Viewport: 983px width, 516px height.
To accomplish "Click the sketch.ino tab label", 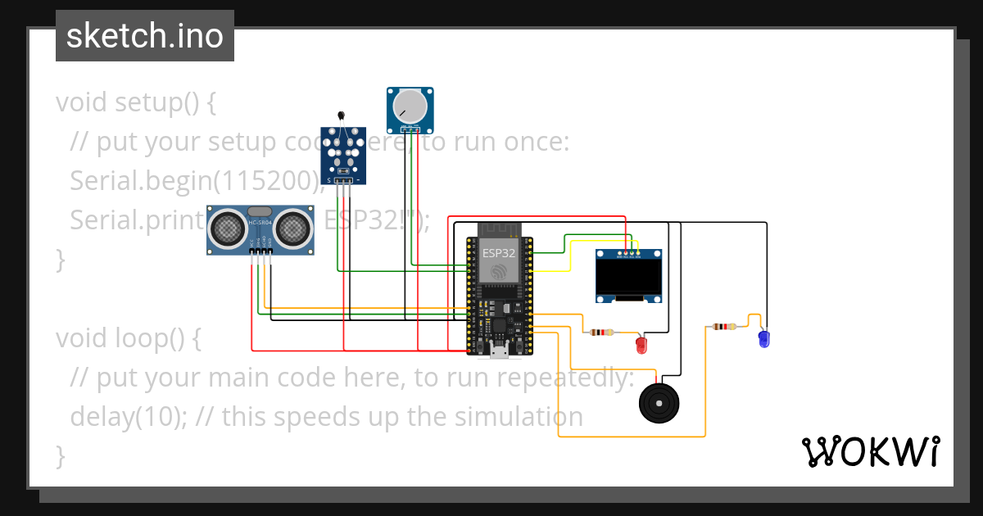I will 144,36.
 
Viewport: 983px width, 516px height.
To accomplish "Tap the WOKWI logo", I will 869,451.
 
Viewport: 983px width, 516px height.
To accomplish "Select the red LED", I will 642,345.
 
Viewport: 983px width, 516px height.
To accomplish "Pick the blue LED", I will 763,337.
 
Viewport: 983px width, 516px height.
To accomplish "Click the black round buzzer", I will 659,402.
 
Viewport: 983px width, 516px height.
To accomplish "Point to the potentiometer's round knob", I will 410,106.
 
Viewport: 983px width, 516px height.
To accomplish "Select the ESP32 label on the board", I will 498,253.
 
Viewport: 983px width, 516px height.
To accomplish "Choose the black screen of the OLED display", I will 629,278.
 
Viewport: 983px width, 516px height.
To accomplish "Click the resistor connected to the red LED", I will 602,333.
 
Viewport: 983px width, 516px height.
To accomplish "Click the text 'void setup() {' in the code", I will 136,103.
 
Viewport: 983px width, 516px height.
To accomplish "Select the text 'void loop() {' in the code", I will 128,337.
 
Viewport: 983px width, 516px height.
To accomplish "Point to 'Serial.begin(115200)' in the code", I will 193,181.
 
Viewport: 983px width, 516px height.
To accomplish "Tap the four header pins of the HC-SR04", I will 260,251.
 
